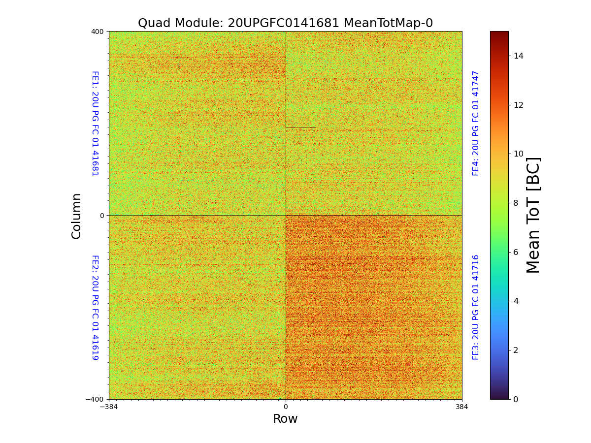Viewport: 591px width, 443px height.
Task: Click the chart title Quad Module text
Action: [x=285, y=23]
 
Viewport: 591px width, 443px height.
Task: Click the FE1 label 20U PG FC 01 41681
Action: [x=95, y=123]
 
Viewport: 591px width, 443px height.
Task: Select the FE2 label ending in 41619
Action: [x=95, y=307]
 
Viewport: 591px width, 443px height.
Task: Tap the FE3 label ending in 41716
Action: [x=476, y=307]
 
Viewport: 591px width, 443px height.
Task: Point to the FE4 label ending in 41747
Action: [x=476, y=123]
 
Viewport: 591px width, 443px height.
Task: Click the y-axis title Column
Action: [x=76, y=216]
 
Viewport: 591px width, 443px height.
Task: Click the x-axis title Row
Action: [x=285, y=419]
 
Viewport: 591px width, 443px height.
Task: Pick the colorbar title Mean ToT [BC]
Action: [x=533, y=215]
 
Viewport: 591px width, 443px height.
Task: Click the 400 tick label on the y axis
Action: [x=97, y=32]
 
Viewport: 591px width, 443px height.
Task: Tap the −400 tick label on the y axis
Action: [x=95, y=399]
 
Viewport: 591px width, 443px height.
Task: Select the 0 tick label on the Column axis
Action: [x=102, y=216]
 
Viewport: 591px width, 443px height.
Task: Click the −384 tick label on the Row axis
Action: [x=109, y=407]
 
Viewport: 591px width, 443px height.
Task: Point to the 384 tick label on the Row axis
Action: [x=462, y=407]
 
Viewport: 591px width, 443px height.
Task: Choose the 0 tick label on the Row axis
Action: [x=286, y=407]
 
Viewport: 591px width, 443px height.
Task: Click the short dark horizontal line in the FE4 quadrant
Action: [x=301, y=127]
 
